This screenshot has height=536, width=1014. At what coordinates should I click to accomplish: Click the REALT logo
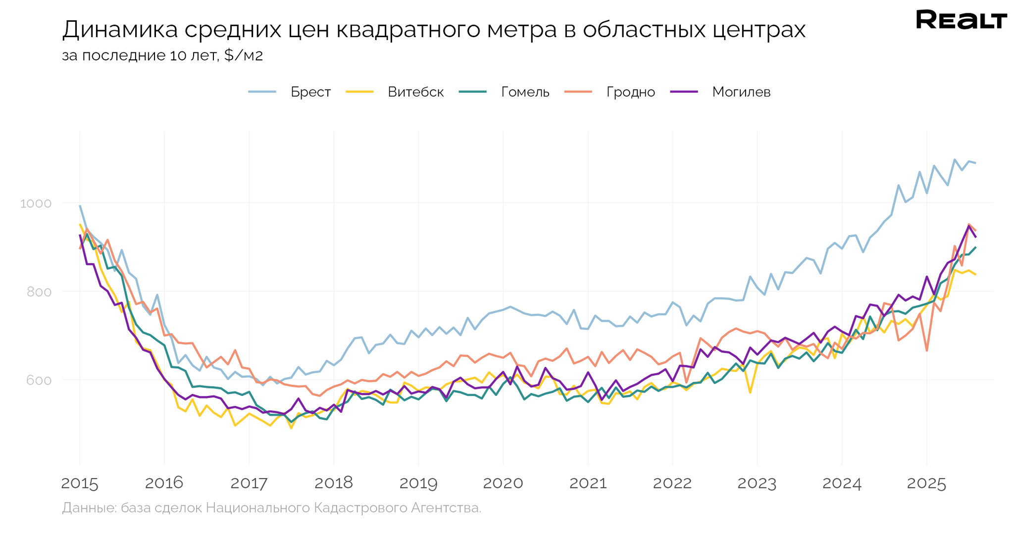tap(961, 20)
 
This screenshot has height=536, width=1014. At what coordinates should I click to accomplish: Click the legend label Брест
tap(310, 92)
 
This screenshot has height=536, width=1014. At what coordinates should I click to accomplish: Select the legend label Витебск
tap(415, 92)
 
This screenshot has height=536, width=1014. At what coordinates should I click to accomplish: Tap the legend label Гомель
tap(525, 92)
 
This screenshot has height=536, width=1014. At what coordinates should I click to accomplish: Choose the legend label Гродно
tap(630, 92)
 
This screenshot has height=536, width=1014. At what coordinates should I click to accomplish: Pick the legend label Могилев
tap(741, 92)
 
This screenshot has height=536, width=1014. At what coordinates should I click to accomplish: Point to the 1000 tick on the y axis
tap(36, 203)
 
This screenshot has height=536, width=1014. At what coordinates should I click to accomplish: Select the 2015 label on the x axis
tap(79, 484)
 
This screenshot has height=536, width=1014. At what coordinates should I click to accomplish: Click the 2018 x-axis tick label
tap(333, 484)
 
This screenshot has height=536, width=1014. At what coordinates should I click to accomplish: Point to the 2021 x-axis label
tap(588, 484)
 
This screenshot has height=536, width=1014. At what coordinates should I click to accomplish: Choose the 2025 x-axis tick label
tap(926, 484)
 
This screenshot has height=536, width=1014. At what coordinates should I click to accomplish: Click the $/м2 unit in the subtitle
tap(243, 55)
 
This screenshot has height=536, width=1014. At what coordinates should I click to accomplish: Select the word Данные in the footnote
tap(89, 508)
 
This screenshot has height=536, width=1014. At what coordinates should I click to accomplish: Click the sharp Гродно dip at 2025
tap(926, 350)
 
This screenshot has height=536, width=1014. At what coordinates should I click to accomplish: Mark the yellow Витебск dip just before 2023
tap(750, 392)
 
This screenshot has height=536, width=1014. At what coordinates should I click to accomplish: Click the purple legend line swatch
tap(684, 92)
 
